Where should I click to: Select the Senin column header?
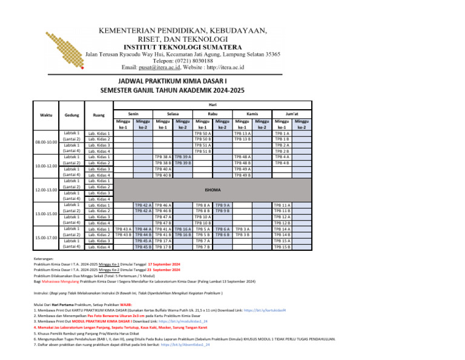click(133, 114)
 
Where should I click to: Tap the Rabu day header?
click(213, 114)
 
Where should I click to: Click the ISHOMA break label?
click(213, 190)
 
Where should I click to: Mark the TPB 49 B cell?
click(243, 175)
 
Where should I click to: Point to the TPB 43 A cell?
click(124, 229)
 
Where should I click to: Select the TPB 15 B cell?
click(282, 247)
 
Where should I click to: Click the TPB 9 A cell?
click(223, 205)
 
